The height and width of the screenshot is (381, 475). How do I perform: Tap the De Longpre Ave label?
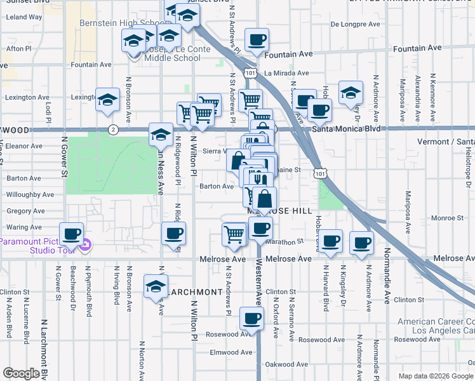coord(355,25)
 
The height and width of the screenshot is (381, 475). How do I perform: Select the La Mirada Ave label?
coord(286,73)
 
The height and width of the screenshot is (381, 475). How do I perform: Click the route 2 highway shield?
coord(113,130)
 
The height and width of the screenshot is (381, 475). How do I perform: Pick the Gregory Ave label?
coord(25,211)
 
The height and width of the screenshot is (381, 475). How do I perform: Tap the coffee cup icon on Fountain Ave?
coord(257,40)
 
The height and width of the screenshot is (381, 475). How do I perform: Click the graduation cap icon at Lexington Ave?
coord(108,99)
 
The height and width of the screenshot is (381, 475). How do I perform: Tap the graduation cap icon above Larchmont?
coord(156,286)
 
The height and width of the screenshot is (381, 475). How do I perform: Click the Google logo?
coord(22,373)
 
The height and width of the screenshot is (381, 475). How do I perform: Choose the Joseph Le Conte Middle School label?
coord(171,54)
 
